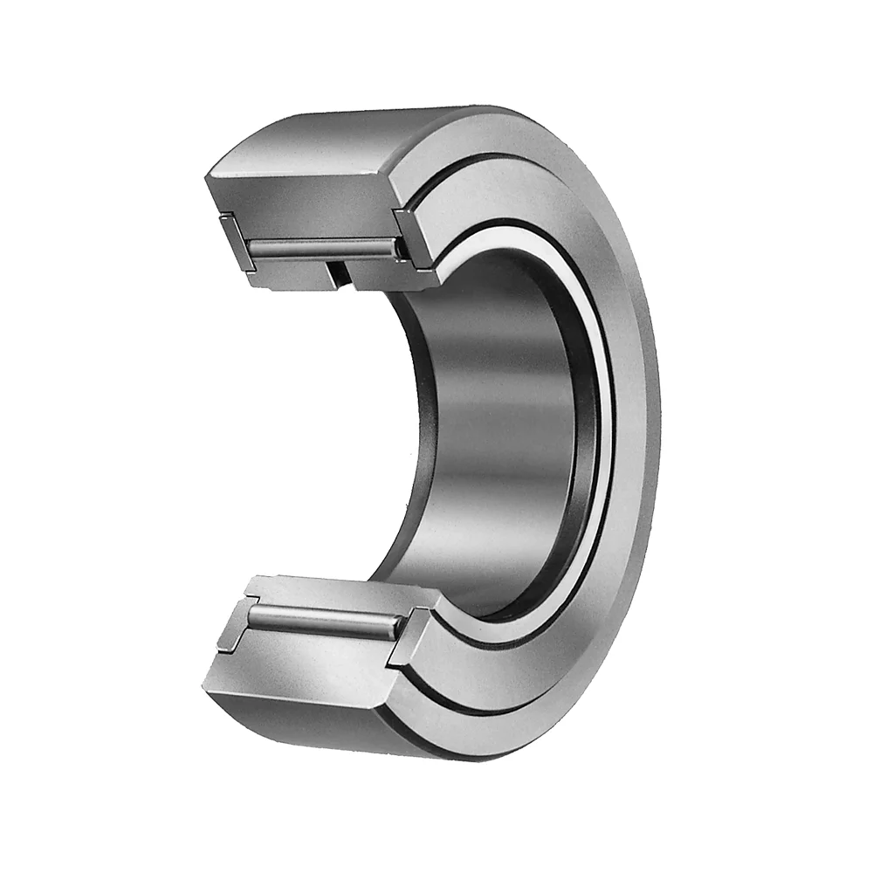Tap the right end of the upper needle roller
pyautogui.click(x=398, y=251)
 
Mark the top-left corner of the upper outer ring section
pyautogui.click(x=210, y=179)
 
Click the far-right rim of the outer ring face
pyautogui.click(x=650, y=436)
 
